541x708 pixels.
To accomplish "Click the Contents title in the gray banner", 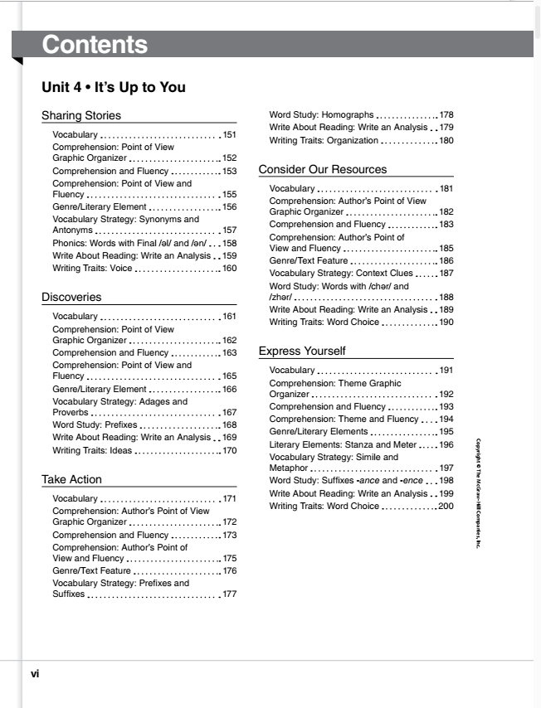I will click(95, 45).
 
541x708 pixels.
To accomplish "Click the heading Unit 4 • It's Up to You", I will click(113, 87).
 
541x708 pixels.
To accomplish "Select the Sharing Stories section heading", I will click(80, 115).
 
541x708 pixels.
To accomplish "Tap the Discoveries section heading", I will click(71, 296).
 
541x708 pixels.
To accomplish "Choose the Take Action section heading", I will click(71, 479).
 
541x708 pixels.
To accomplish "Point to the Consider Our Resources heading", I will click(322, 169).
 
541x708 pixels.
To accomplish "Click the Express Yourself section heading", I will click(302, 351).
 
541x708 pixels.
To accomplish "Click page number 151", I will click(230, 134).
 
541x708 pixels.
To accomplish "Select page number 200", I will click(446, 506).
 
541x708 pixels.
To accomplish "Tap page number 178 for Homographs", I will click(446, 114).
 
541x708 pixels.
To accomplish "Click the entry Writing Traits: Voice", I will click(92, 269).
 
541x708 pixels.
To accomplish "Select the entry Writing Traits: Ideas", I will click(92, 451).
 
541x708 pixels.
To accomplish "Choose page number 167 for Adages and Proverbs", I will click(230, 412).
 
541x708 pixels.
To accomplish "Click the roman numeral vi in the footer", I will click(35, 674).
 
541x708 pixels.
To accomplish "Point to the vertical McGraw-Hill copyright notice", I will click(479, 492).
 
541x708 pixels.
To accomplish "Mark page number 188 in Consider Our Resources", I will click(446, 298).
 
